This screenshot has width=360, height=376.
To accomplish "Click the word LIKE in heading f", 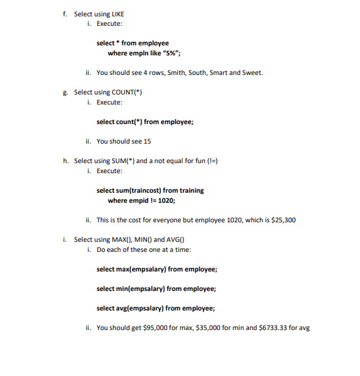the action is pyautogui.click(x=117, y=14).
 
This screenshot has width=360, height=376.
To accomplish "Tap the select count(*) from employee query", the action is pyautogui.click(x=144, y=122).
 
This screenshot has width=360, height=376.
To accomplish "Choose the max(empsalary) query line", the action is pyautogui.click(x=156, y=269).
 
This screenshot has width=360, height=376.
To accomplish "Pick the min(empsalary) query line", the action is pyautogui.click(x=156, y=288).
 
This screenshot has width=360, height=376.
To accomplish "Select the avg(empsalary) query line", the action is pyautogui.click(x=155, y=308).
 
